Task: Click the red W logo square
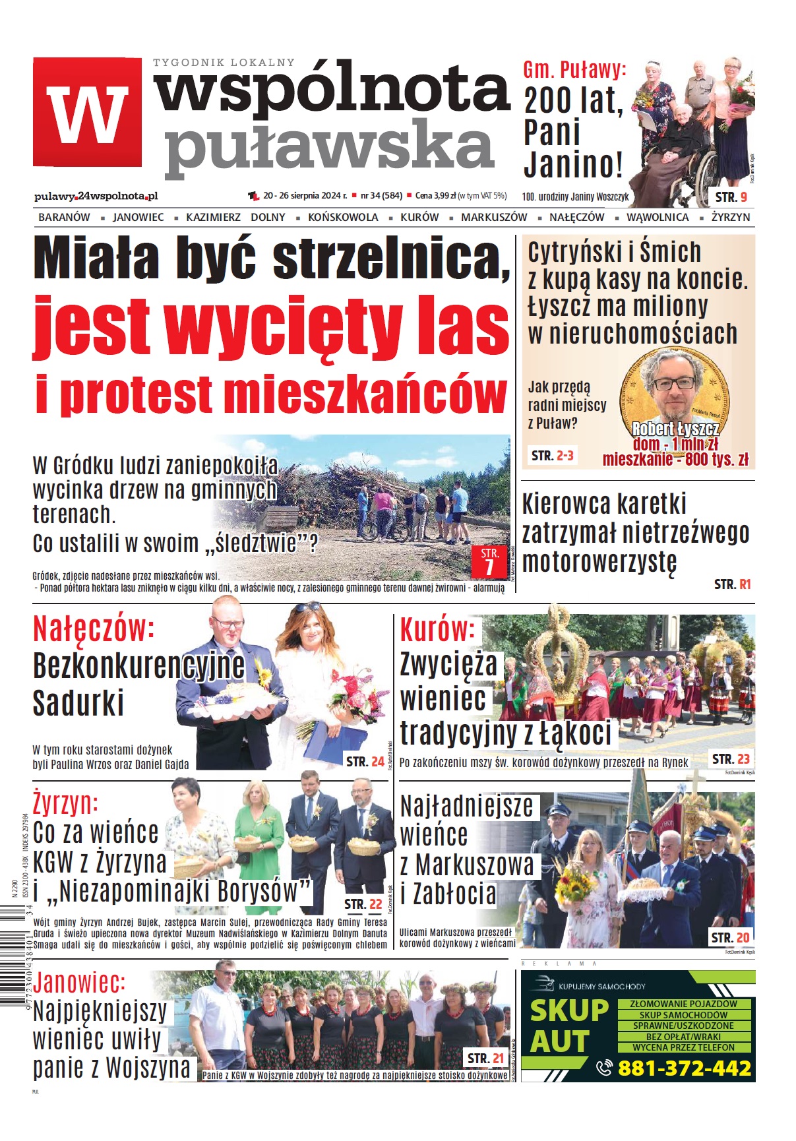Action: (x=87, y=111)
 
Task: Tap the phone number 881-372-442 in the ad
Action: (x=684, y=1068)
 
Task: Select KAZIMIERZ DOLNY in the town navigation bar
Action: (x=235, y=217)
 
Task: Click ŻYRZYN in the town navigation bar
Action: (x=730, y=217)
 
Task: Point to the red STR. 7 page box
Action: (x=489, y=561)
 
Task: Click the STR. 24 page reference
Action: (x=365, y=762)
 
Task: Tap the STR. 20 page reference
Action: (x=730, y=937)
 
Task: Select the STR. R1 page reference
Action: (x=732, y=584)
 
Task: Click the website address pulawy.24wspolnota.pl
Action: (x=96, y=196)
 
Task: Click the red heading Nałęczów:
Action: (x=94, y=629)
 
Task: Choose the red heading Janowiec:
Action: (x=79, y=983)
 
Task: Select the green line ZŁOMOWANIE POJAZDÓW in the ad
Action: (x=683, y=1004)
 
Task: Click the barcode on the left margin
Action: (x=13, y=956)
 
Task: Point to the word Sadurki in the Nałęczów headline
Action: (x=78, y=702)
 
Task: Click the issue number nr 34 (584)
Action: (x=381, y=196)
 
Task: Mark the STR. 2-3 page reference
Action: (x=553, y=455)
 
